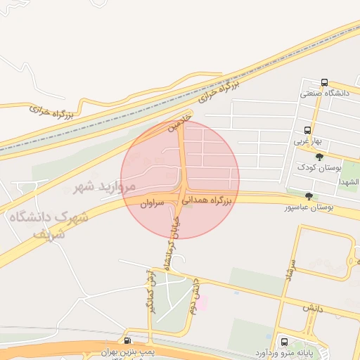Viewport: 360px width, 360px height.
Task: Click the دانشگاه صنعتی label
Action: click(325, 93)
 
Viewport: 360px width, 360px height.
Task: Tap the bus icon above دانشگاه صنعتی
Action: click(323, 82)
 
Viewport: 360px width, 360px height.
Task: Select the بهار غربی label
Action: click(307, 141)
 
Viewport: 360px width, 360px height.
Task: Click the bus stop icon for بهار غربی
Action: click(307, 130)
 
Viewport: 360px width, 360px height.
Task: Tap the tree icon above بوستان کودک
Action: click(320, 157)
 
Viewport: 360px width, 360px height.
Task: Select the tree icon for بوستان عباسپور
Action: click(309, 196)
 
